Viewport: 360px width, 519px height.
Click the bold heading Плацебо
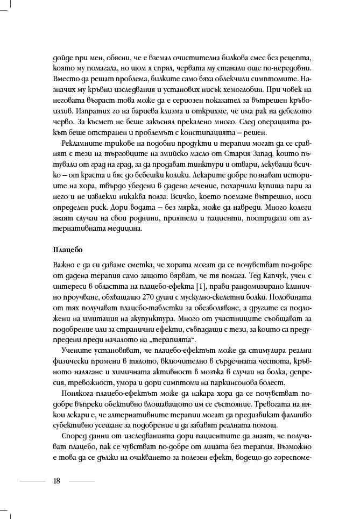pos(68,251)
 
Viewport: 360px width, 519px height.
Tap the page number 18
pos(57,481)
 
